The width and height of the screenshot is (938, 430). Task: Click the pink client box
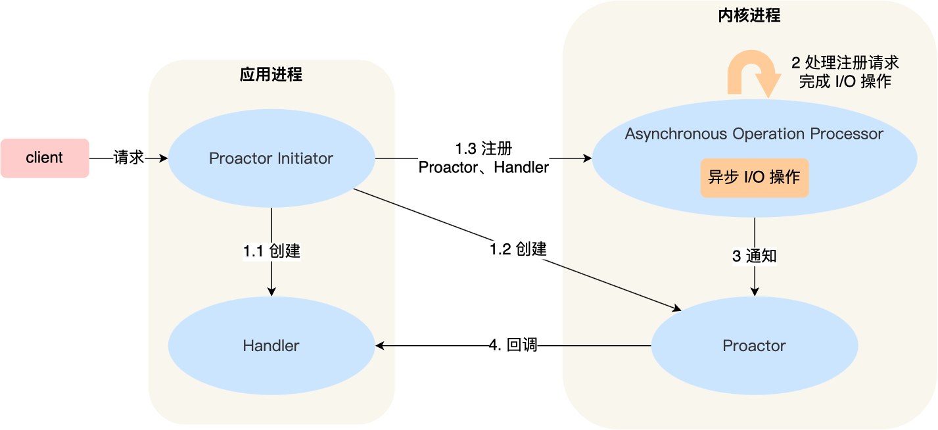tap(45, 158)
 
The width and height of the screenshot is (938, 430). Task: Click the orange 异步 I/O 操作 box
tap(754, 178)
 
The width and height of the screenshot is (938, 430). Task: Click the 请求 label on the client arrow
tap(129, 158)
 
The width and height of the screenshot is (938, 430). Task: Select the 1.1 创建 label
tap(271, 251)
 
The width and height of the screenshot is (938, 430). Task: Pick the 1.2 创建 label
tap(518, 249)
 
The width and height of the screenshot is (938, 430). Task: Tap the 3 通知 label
tap(754, 256)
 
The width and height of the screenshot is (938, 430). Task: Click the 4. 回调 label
tap(513, 345)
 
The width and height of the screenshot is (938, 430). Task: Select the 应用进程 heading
tap(271, 74)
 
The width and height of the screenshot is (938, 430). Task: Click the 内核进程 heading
tap(749, 15)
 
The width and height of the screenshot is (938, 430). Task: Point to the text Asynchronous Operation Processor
tap(754, 134)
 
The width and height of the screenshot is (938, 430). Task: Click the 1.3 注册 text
tap(483, 148)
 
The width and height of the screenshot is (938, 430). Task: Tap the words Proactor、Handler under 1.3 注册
tap(483, 168)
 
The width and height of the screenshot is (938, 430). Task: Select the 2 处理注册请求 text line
tap(845, 63)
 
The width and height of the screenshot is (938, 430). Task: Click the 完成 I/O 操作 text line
tap(845, 82)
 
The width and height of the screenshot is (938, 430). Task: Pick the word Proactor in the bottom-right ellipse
tap(754, 346)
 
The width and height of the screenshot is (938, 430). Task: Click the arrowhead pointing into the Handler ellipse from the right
tap(380, 345)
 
